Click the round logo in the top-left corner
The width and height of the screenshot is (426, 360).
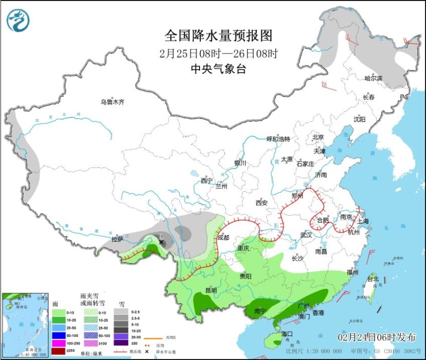(18, 20)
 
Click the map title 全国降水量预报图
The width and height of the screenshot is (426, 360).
(218, 36)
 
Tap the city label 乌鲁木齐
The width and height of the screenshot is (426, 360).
(112, 102)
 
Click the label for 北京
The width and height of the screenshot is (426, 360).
(318, 137)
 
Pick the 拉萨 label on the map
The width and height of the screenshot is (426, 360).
(117, 239)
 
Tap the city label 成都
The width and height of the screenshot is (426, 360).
(224, 238)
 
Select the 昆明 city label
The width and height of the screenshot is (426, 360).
(211, 290)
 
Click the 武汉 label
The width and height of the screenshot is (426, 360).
(306, 235)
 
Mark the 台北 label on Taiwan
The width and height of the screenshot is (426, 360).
(372, 279)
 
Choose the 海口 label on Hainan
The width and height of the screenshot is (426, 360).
(287, 334)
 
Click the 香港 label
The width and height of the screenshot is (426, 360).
(318, 312)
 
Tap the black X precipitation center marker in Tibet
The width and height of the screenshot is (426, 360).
(161, 242)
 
